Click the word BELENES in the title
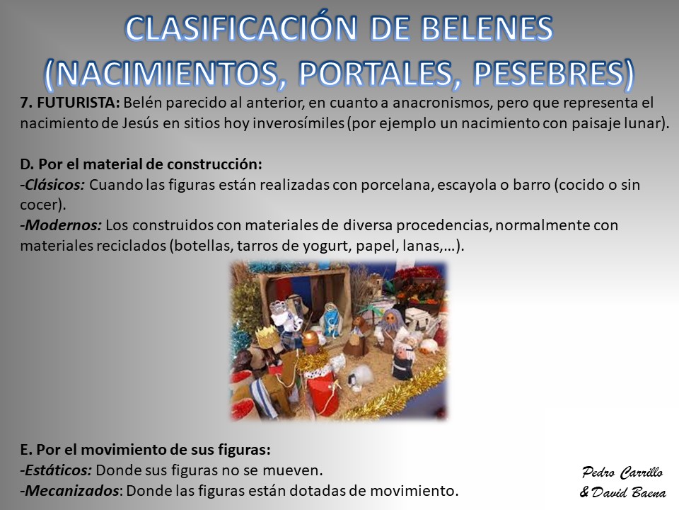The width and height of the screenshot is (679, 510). pos(487,28)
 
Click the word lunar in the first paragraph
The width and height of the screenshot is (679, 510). pos(644,123)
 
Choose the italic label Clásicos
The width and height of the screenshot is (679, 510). pos(54,185)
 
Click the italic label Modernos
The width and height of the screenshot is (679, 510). pos(63,225)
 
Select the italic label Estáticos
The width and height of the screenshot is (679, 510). pos(58,470)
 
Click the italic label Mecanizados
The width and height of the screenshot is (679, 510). pos(71,490)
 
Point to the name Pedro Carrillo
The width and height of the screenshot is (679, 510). pos(622,472)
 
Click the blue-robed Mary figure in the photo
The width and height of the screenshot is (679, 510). pos(330,320)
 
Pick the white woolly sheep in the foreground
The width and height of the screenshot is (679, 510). pos(361,376)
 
